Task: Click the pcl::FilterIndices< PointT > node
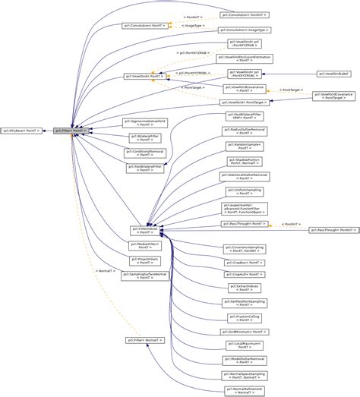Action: (144, 228)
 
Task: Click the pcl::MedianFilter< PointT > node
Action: (144, 244)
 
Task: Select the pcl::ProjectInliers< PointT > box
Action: (144, 260)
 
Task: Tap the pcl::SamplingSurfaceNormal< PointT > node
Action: (144, 276)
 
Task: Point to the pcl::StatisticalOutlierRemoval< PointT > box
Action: (244, 176)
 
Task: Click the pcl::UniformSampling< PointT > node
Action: (244, 191)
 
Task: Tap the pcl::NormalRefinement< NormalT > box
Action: (244, 389)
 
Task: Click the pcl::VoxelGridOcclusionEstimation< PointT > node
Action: (245, 58)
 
